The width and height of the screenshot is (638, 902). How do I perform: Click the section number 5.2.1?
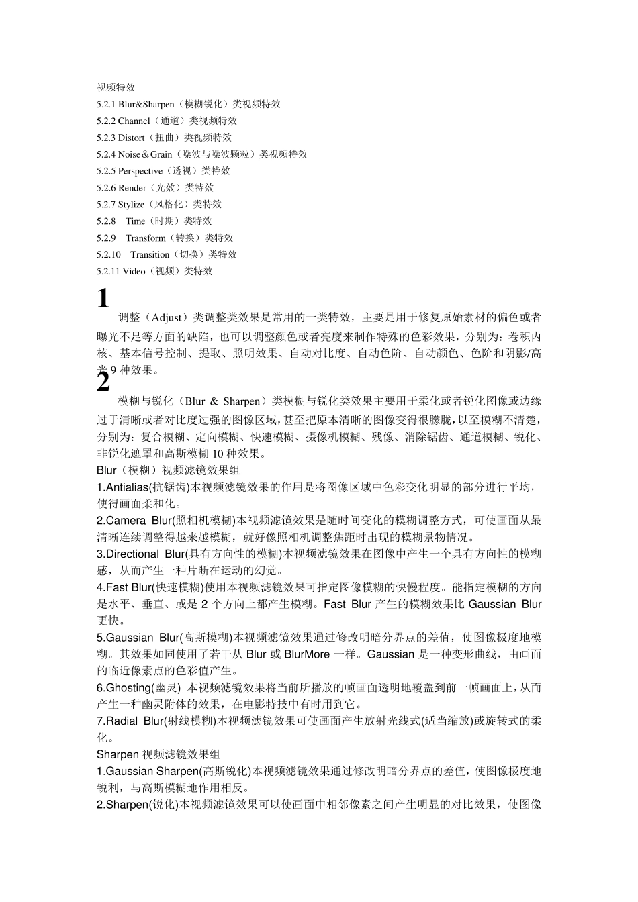pyautogui.click(x=106, y=104)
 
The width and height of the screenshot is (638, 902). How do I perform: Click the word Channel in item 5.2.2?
pyautogui.click(x=134, y=121)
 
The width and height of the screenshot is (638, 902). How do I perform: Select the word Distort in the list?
pyautogui.click(x=131, y=138)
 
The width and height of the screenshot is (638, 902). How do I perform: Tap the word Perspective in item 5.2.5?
pyautogui.click(x=140, y=171)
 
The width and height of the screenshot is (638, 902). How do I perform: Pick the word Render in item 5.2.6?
pyautogui.click(x=132, y=188)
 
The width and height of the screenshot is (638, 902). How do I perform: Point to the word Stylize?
pyautogui.click(x=131, y=204)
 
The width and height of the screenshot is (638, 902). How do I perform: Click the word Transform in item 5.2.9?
pyautogui.click(x=145, y=238)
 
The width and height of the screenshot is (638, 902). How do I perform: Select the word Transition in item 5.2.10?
pyautogui.click(x=150, y=254)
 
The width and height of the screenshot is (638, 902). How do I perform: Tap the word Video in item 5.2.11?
pyautogui.click(x=134, y=271)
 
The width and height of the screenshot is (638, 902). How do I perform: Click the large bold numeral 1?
pyautogui.click(x=103, y=298)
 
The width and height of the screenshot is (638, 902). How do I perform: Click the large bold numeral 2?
pyautogui.click(x=103, y=383)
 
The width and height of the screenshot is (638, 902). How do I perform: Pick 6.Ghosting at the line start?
pyautogui.click(x=123, y=687)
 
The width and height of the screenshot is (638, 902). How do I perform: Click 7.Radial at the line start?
pyautogui.click(x=118, y=721)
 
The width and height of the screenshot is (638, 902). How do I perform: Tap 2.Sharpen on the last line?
pyautogui.click(x=122, y=805)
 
